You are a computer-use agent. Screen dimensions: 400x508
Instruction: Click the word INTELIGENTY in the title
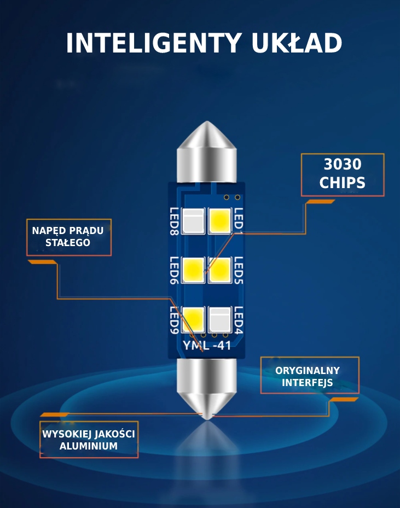[154, 43]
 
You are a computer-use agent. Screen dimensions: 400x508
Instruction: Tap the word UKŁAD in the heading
[297, 43]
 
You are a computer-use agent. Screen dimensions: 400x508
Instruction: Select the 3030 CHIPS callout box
[343, 175]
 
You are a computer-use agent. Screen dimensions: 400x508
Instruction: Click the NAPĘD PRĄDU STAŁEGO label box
[69, 237]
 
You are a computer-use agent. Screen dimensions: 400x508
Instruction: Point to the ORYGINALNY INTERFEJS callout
[310, 376]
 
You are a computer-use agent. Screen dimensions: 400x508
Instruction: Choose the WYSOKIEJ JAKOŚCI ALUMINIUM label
[89, 440]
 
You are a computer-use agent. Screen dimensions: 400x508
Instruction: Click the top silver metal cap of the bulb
[207, 151]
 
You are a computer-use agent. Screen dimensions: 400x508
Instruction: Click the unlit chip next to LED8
[193, 221]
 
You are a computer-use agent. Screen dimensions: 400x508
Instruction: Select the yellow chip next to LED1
[220, 221]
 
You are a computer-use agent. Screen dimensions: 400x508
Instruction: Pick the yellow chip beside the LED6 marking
[193, 270]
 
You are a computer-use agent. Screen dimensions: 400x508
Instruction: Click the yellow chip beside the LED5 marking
[220, 270]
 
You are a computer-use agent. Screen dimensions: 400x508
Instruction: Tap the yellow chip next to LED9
[193, 320]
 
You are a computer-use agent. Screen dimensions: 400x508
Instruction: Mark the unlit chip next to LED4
[220, 320]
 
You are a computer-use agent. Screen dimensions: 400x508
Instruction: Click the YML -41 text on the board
[207, 346]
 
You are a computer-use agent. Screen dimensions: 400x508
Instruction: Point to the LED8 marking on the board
[175, 221]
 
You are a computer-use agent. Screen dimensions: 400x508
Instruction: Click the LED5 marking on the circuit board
[238, 270]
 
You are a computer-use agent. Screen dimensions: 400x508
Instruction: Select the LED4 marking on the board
[238, 320]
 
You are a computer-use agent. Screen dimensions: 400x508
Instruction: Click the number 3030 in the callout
[343, 164]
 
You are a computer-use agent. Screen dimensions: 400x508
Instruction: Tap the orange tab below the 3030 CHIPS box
[321, 202]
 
